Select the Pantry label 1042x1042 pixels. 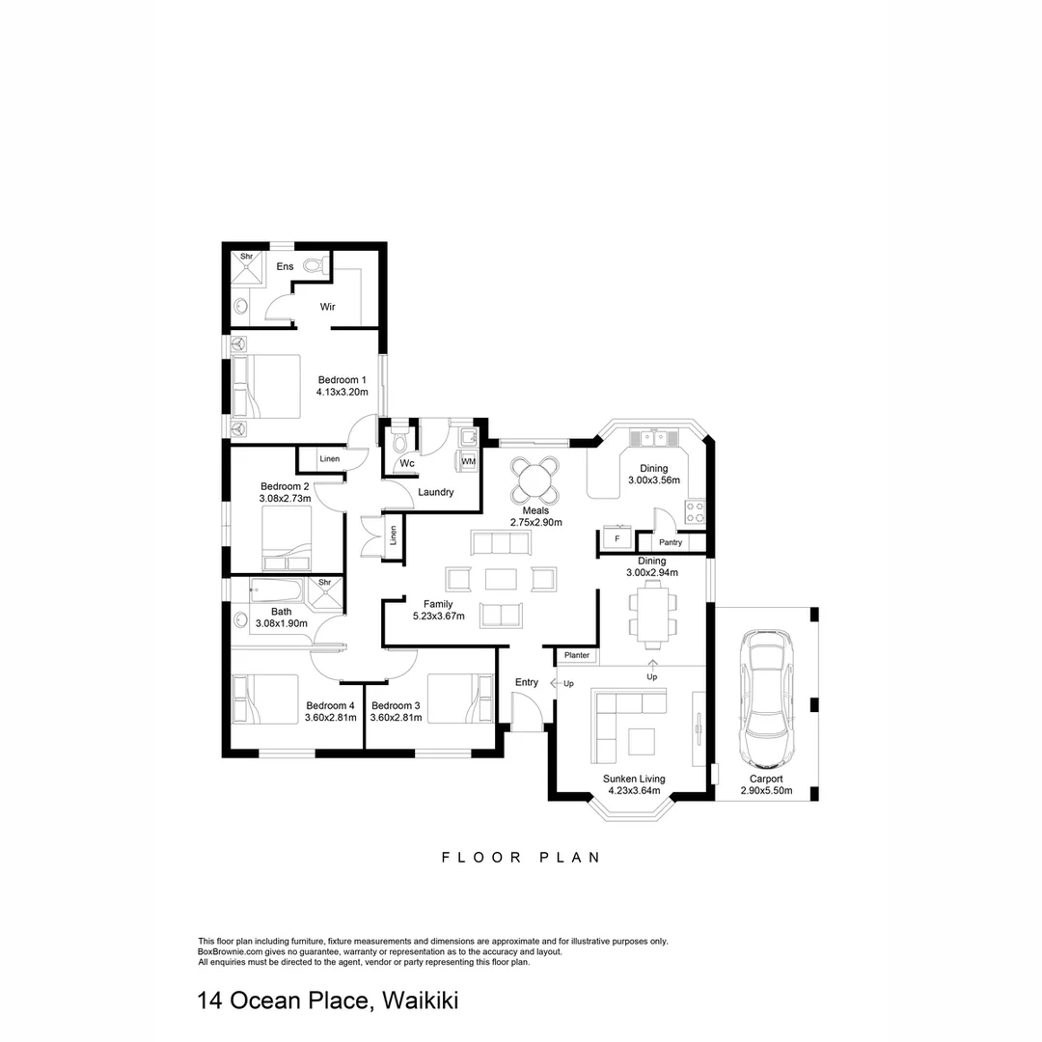671,542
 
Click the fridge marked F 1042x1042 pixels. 617,538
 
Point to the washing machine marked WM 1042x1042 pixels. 468,462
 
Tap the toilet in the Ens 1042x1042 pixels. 313,264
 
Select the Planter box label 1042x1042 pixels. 577,655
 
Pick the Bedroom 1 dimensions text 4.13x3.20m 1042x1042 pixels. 343,393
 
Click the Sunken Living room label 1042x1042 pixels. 634,779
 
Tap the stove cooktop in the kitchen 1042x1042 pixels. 695,511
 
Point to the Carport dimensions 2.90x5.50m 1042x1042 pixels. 766,790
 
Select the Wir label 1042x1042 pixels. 327,307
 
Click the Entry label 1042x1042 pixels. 526,682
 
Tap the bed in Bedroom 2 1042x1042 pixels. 287,540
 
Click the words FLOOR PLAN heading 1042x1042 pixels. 520,857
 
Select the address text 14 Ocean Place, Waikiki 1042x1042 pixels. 327,1001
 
